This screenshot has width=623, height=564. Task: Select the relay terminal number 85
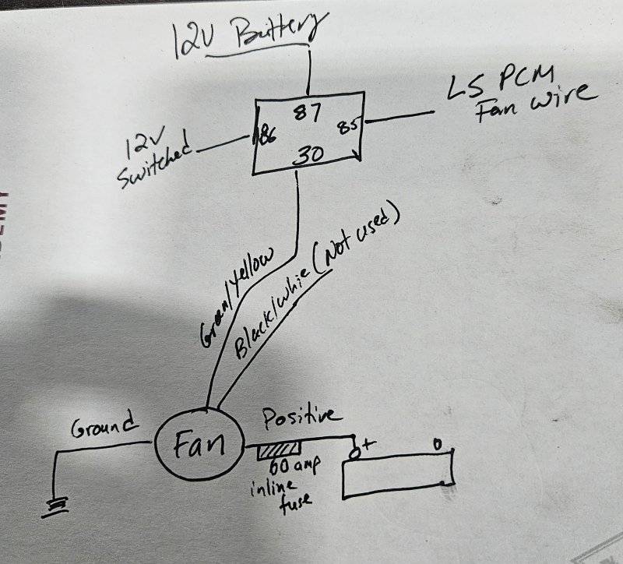[346, 125]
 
